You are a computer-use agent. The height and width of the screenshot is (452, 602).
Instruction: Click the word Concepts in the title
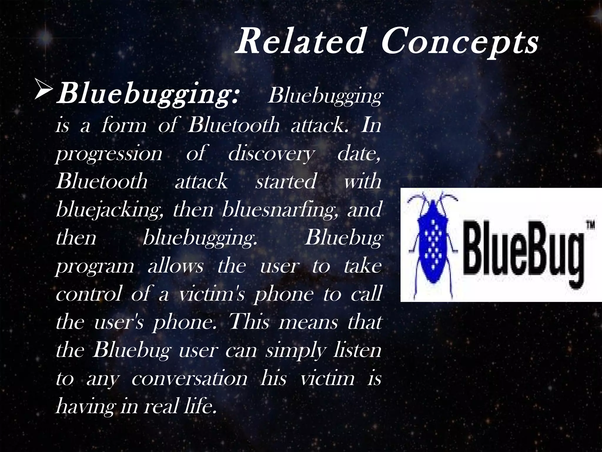(460, 43)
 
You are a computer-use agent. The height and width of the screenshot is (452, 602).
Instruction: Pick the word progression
(109, 154)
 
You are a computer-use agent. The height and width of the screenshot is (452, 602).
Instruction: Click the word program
(95, 266)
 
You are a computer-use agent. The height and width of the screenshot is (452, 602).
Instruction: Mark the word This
(249, 321)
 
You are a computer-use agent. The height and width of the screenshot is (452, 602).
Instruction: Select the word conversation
(189, 378)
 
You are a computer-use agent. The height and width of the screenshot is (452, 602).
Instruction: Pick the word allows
(175, 266)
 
